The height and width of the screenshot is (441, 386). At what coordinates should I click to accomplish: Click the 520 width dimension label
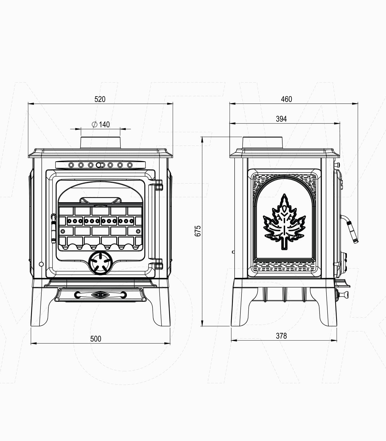100,99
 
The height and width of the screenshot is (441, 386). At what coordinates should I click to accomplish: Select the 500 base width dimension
96,339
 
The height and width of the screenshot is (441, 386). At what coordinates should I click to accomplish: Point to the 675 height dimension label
198,231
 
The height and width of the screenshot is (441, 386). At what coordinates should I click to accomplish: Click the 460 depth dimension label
286,99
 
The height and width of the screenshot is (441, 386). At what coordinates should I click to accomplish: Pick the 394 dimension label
281,119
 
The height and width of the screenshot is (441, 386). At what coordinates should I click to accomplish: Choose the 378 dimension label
281,336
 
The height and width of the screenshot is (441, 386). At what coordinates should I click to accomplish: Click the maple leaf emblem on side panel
284,222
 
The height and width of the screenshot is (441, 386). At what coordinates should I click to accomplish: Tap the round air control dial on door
100,263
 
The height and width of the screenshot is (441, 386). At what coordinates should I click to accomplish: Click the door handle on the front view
53,228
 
